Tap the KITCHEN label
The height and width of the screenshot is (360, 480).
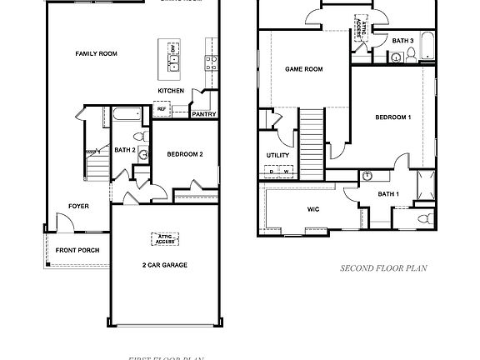pyautogui.click(x=171, y=90)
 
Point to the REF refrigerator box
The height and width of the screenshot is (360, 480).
pyautogui.click(x=162, y=108)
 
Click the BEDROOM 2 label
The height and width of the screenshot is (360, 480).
pyautogui.click(x=185, y=154)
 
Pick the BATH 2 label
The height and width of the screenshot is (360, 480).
pyautogui.click(x=125, y=150)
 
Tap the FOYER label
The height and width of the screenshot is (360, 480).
pyautogui.click(x=79, y=206)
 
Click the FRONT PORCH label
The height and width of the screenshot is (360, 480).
pyautogui.click(x=77, y=250)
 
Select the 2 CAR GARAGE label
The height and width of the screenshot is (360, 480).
pyautogui.click(x=164, y=265)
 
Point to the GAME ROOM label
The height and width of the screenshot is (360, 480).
pyautogui.click(x=303, y=69)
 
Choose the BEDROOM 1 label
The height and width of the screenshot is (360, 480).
pyautogui.click(x=393, y=117)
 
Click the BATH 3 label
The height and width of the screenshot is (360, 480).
pyautogui.click(x=403, y=40)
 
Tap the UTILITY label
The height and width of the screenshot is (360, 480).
pyautogui.click(x=277, y=155)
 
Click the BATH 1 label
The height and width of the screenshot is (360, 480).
pyautogui.click(x=388, y=194)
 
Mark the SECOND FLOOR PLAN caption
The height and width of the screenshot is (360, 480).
pyautogui.click(x=383, y=268)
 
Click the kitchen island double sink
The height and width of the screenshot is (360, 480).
pyautogui.click(x=172, y=59)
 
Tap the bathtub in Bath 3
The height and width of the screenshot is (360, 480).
pyautogui.click(x=427, y=46)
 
